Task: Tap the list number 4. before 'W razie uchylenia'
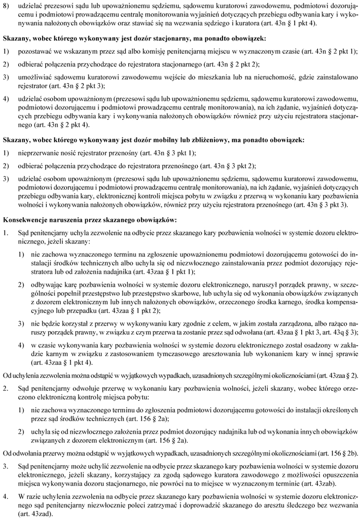click(6, 496)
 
